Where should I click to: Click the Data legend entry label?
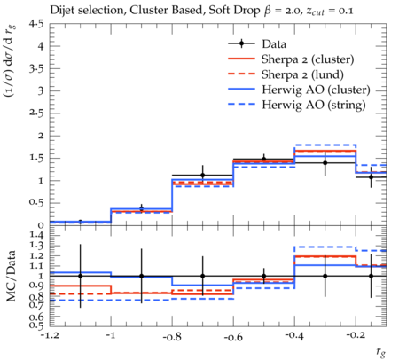click(x=274, y=44)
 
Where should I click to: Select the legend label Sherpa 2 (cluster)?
click(x=308, y=59)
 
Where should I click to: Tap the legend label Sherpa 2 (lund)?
click(x=302, y=74)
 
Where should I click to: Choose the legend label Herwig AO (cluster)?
click(x=316, y=90)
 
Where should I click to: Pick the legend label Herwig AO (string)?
click(x=314, y=105)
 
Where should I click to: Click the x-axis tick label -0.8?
click(x=172, y=337)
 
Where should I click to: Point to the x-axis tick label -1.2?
click(x=50, y=337)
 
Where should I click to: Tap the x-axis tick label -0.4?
click(x=294, y=337)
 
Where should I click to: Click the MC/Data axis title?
click(x=12, y=276)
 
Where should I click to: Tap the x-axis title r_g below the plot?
click(x=381, y=352)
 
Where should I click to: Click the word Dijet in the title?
click(x=62, y=11)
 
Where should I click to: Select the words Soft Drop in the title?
click(x=233, y=11)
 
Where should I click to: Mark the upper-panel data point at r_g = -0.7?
click(x=202, y=176)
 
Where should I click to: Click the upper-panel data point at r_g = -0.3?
click(x=325, y=163)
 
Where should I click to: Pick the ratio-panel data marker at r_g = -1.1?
click(x=80, y=276)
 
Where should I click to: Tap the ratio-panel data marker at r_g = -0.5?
click(x=264, y=276)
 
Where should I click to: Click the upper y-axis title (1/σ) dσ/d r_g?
click(x=10, y=61)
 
